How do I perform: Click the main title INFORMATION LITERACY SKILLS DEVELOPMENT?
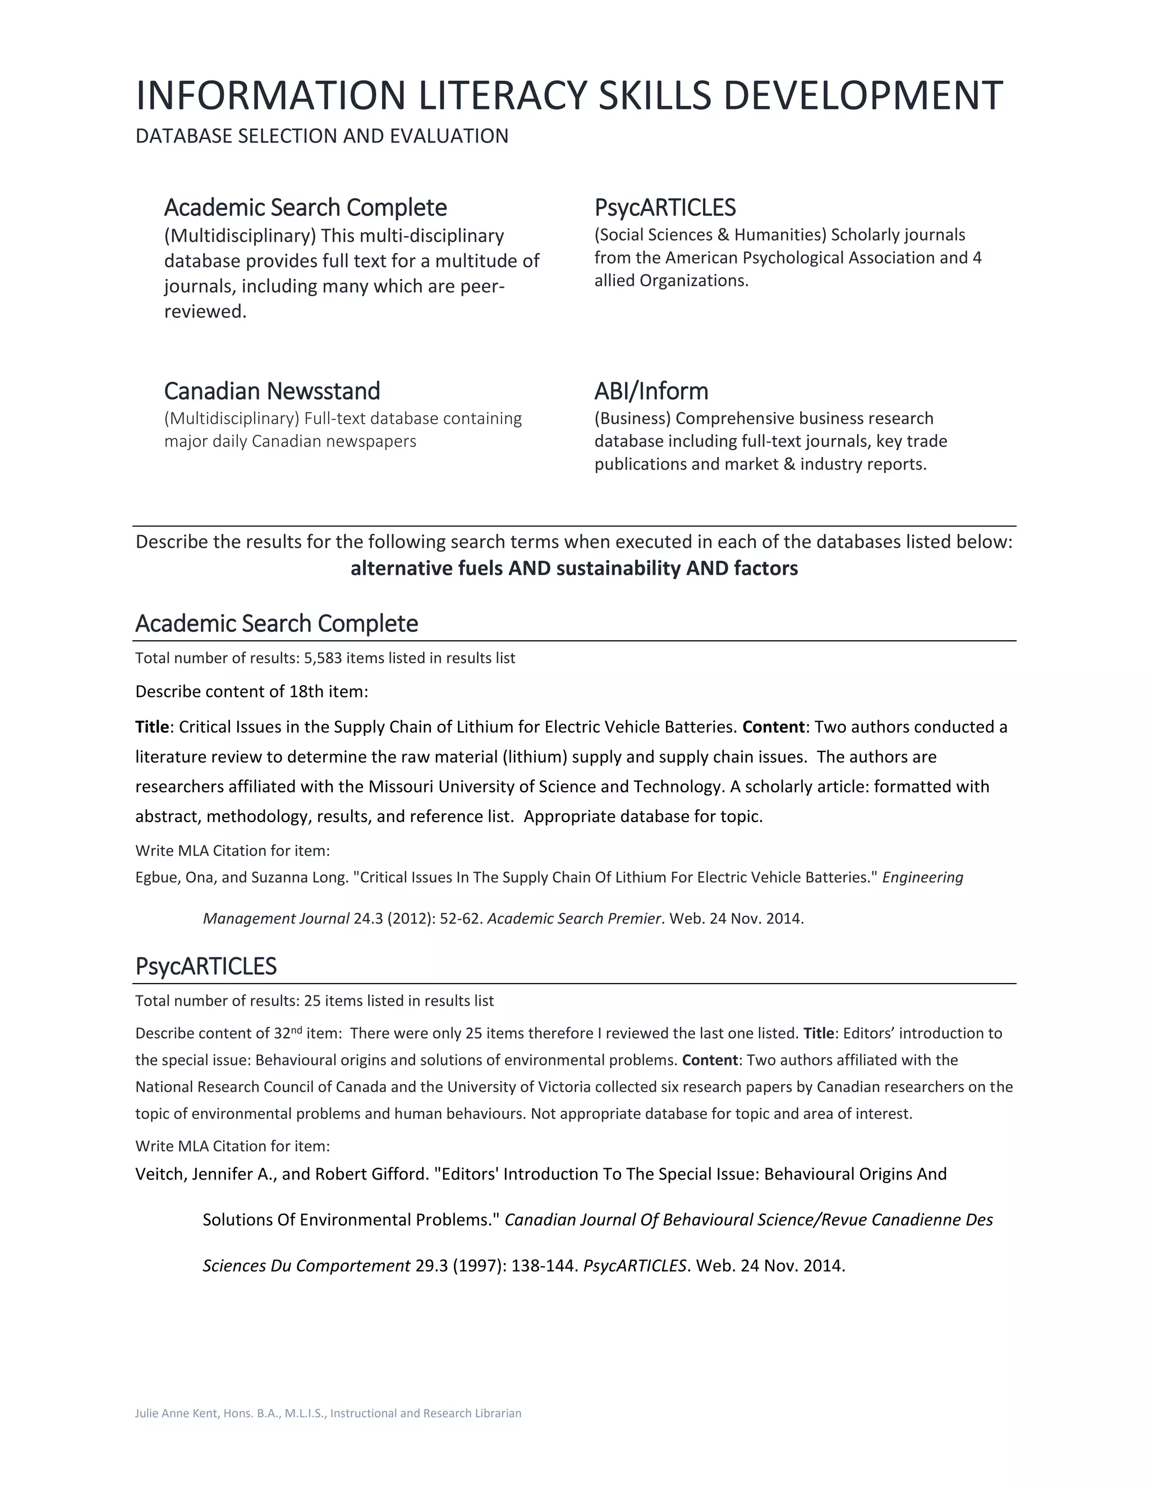coord(569,95)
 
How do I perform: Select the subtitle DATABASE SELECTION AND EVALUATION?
coord(322,136)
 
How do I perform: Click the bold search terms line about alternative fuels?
coord(574,568)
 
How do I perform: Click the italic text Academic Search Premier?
coord(574,919)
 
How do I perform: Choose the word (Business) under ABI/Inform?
coord(632,418)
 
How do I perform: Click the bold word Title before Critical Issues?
coord(152,727)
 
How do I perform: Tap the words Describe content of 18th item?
coord(251,692)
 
